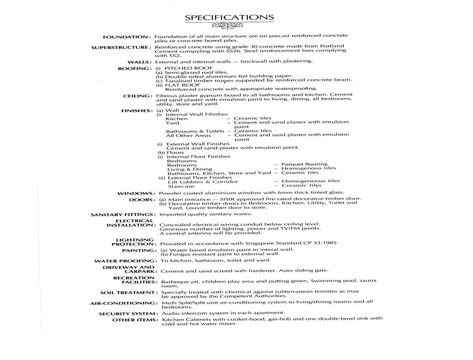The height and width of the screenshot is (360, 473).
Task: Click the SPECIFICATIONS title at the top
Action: (x=229, y=18)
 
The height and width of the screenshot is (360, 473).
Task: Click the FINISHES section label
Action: (x=136, y=110)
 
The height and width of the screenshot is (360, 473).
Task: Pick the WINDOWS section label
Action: (x=135, y=193)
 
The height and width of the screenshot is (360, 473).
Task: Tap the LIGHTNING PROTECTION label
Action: (x=134, y=242)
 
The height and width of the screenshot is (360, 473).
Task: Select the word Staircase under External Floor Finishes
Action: (x=181, y=186)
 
